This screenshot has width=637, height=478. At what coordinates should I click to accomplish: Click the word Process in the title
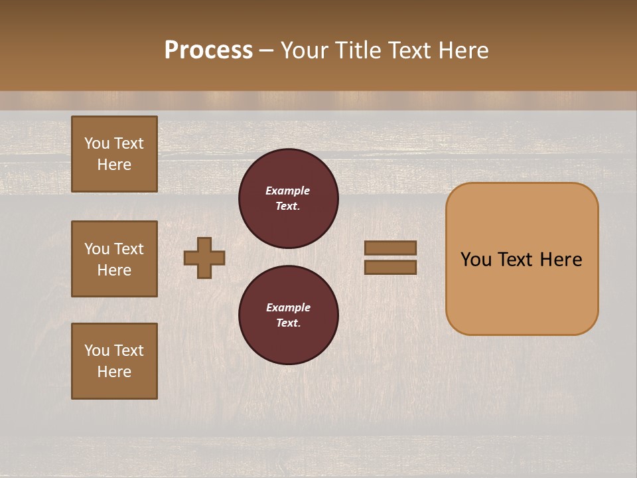(208, 50)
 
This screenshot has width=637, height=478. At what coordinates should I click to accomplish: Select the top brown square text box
(114, 154)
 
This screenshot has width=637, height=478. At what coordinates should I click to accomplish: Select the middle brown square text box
(114, 259)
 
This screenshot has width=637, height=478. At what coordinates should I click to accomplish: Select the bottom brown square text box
(114, 361)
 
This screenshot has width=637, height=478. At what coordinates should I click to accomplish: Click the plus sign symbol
(204, 258)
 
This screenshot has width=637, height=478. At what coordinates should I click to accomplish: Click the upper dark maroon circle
(288, 199)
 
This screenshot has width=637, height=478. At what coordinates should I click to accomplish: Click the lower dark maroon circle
(288, 315)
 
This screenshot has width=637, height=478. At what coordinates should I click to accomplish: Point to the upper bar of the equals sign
(391, 248)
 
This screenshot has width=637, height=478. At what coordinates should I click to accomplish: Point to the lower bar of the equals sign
(391, 267)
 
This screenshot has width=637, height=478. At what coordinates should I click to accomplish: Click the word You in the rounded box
(476, 260)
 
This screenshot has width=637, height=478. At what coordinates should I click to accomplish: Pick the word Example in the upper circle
(288, 191)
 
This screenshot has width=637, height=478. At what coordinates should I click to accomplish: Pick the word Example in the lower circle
(288, 307)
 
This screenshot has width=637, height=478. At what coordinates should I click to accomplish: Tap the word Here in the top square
(114, 165)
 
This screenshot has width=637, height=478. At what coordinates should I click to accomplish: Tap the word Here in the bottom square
(114, 372)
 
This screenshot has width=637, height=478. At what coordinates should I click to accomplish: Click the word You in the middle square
(97, 249)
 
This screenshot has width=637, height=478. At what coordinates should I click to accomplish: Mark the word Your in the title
(304, 50)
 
